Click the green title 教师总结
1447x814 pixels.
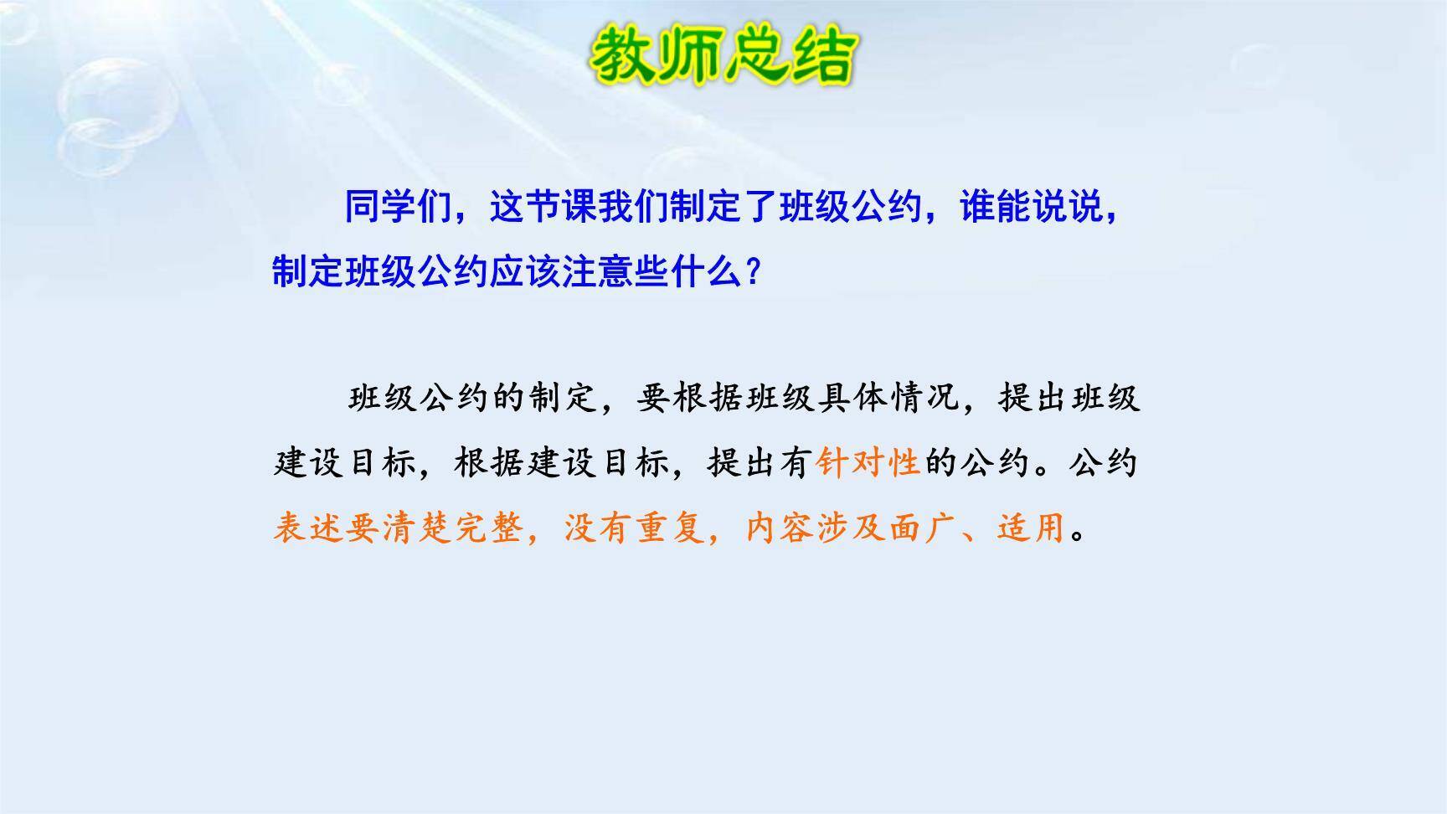[722, 57]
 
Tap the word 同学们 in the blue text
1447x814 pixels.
[399, 207]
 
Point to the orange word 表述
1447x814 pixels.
[309, 528]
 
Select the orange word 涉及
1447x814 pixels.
[852, 528]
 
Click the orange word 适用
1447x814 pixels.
[1032, 528]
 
